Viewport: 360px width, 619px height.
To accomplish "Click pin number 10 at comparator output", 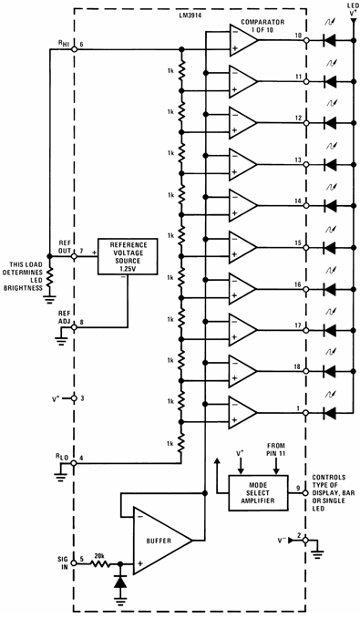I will [299, 36].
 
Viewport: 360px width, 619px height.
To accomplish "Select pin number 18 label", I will [299, 366].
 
